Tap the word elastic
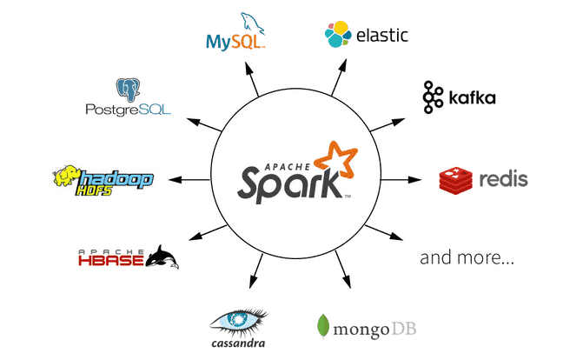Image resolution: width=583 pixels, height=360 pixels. pyautogui.click(x=382, y=36)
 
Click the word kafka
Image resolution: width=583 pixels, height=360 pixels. pyautogui.click(x=473, y=97)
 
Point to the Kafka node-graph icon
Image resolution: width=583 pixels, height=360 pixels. pyautogui.click(x=434, y=97)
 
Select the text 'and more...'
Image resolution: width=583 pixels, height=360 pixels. pyautogui.click(x=467, y=258)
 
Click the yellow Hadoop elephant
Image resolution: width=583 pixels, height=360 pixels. pyautogui.click(x=67, y=178)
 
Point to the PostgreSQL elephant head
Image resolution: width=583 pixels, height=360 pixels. pyautogui.click(x=129, y=89)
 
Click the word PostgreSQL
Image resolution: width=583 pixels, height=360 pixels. pyautogui.click(x=128, y=110)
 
